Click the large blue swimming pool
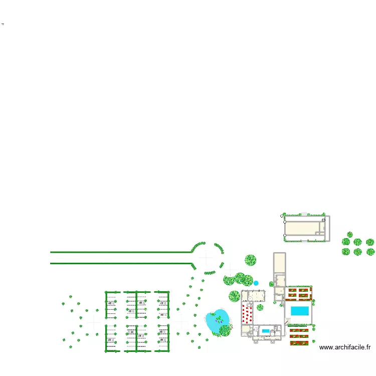(x=300, y=311)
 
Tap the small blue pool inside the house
(x=265, y=331)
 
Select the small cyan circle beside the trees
(x=256, y=283)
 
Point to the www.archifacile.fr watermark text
(x=345, y=347)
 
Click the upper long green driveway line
(x=120, y=252)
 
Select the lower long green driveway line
(x=120, y=263)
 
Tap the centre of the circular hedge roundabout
(x=207, y=258)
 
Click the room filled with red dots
(x=247, y=315)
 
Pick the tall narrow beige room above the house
(x=279, y=263)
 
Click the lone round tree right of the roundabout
(x=251, y=260)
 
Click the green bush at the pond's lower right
(x=225, y=330)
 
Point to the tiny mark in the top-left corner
(x=3, y=24)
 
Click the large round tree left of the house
(x=235, y=296)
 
